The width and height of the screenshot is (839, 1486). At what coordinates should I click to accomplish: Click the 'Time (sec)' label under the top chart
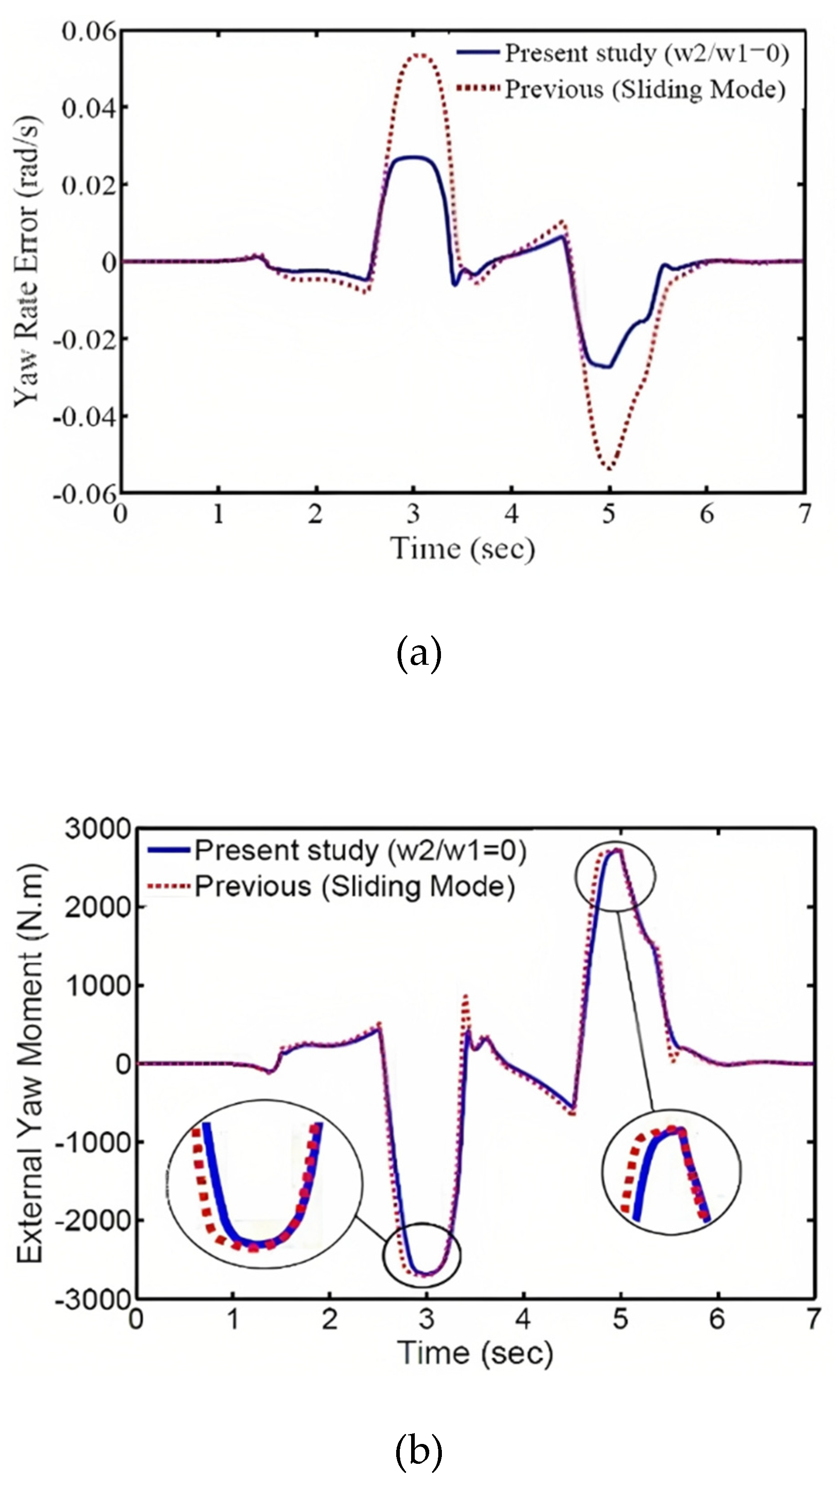click(463, 548)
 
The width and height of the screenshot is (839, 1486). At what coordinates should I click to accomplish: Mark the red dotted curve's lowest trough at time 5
click(609, 469)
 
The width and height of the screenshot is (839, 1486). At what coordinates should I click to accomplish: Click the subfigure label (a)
click(419, 653)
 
